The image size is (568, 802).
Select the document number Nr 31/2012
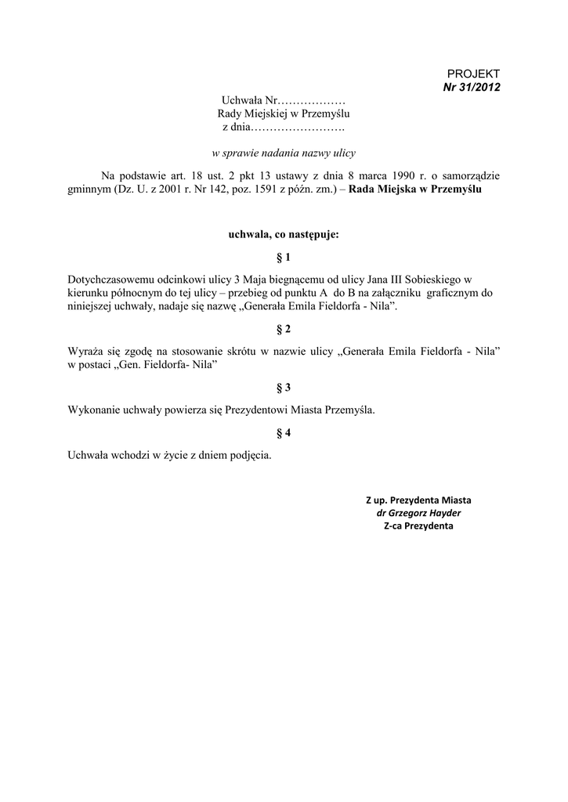[x=472, y=86]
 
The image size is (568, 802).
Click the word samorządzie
[x=471, y=175]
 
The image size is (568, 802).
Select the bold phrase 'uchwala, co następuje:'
[x=284, y=233]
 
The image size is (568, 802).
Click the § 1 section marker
[x=284, y=257]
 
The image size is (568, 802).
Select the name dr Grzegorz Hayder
[x=419, y=513]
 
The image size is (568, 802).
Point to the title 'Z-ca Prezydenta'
[x=418, y=526]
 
